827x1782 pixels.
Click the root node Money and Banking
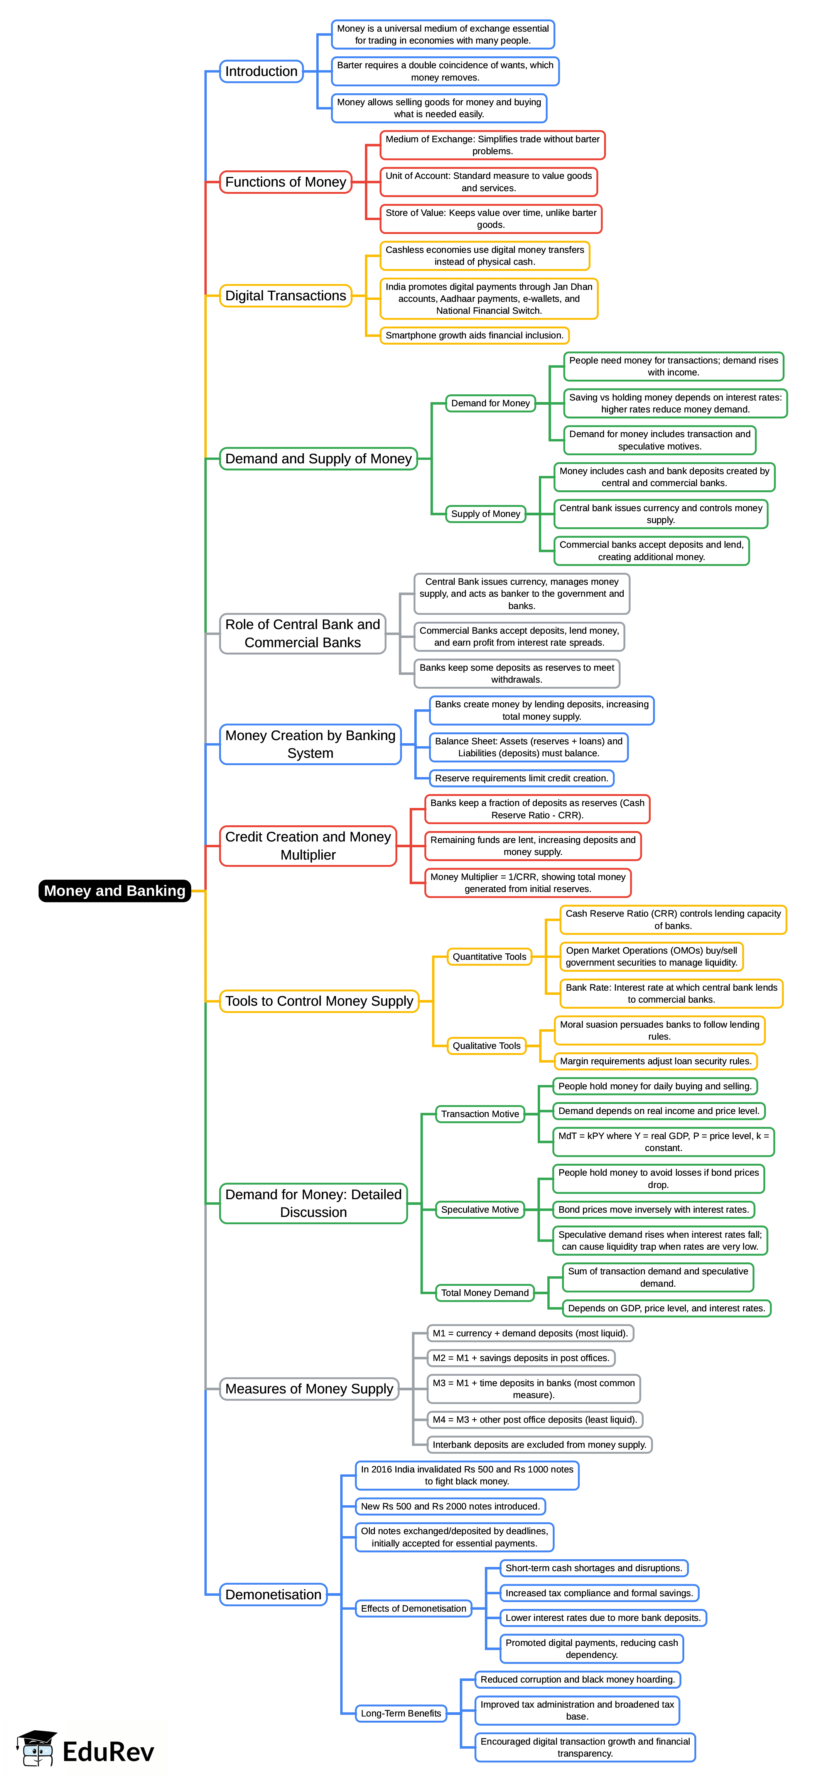115,890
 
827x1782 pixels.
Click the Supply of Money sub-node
486,513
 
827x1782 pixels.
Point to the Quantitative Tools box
489,957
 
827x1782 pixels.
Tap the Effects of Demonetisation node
413,1609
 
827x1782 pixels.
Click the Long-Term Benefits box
401,1713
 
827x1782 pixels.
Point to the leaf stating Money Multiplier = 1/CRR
527,883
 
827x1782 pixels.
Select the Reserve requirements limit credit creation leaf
521,778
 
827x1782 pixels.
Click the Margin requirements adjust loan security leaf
655,1061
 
